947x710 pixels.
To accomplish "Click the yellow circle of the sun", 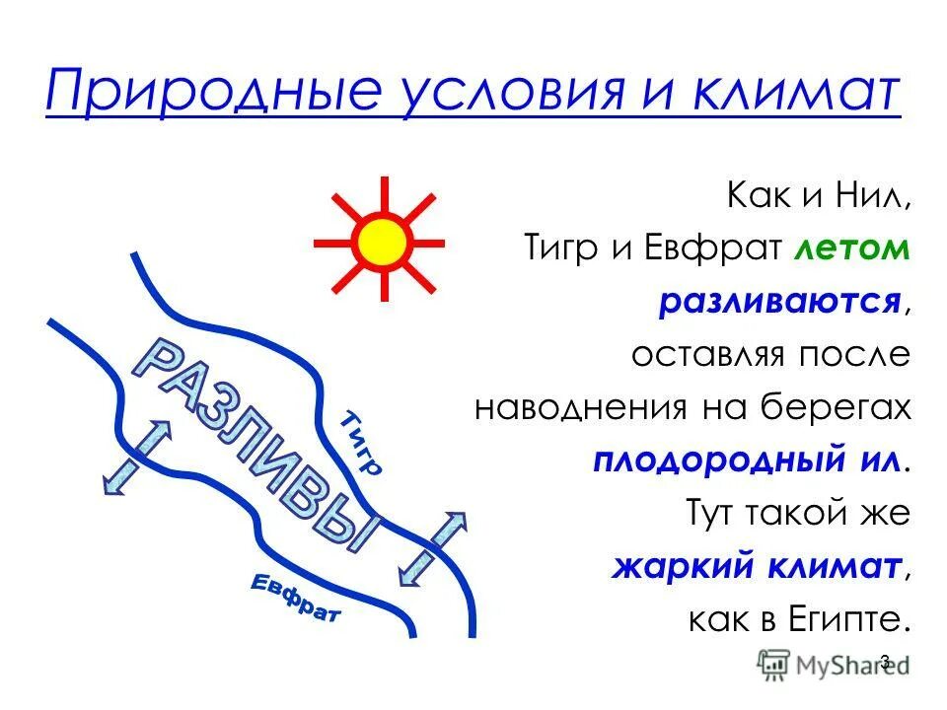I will click(x=382, y=240).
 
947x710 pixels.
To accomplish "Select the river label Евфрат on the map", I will click(x=294, y=598).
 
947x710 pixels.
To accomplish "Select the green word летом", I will click(x=851, y=249).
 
